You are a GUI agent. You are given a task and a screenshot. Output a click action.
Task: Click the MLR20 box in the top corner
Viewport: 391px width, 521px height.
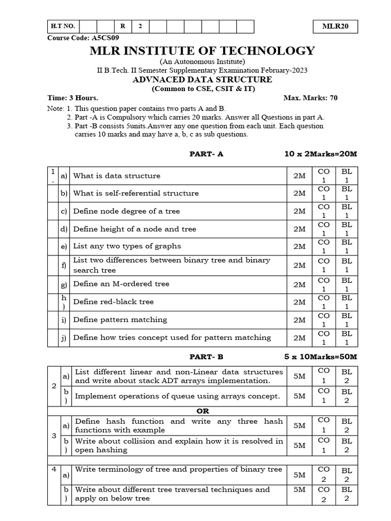[334, 26]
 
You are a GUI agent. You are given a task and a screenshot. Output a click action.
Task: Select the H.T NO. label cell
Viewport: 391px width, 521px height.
[63, 26]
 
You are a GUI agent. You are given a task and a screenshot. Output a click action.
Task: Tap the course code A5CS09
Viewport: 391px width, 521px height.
[83, 38]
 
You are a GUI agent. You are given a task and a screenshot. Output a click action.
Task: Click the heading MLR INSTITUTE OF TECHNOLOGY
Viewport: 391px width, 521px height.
[202, 51]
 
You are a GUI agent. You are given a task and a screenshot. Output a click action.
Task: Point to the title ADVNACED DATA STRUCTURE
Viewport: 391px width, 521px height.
[202, 80]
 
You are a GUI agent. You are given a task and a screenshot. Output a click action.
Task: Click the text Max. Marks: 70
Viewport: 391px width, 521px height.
[310, 98]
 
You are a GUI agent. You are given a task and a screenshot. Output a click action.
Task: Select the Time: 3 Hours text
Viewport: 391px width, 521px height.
[73, 98]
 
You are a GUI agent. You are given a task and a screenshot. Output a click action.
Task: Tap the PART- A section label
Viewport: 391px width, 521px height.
[206, 153]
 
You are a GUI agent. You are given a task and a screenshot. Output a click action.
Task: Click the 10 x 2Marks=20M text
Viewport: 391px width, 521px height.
[321, 153]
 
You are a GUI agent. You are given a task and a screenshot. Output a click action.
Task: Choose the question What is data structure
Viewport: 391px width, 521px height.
[117, 176]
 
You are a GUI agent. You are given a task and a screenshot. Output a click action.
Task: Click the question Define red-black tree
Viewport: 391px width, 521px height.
[113, 302]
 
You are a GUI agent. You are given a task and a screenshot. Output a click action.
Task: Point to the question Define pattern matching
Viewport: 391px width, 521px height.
[120, 320]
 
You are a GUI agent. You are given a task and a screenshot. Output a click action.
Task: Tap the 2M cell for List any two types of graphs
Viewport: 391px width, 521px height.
[299, 247]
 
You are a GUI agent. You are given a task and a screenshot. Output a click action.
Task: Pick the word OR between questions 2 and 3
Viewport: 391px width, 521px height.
[203, 411]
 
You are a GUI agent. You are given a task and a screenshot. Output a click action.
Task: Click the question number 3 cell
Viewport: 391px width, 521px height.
[54, 436]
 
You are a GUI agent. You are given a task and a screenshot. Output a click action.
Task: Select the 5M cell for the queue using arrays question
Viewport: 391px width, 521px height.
[299, 396]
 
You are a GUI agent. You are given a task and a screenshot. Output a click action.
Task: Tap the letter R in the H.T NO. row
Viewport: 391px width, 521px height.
[123, 26]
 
